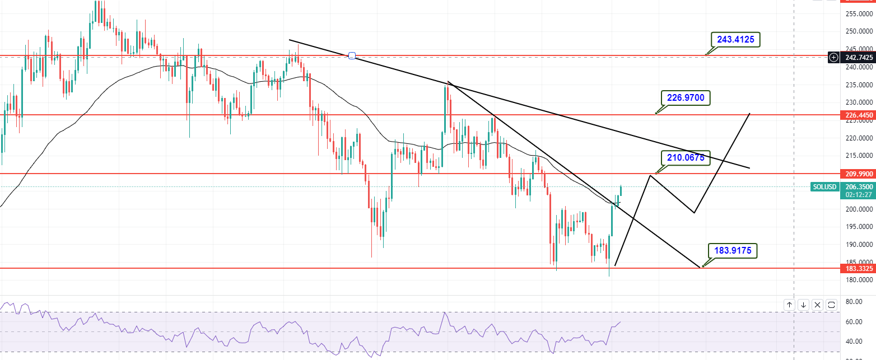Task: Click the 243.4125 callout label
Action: tap(735, 39)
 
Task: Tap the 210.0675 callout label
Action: tap(685, 158)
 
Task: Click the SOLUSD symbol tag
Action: tap(824, 186)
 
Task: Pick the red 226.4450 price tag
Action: tap(858, 115)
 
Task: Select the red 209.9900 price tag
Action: tap(858, 174)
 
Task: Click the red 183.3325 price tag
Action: tap(858, 268)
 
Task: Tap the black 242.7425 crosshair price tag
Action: tap(858, 57)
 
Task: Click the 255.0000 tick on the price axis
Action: tap(858, 13)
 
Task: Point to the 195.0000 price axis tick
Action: tap(858, 227)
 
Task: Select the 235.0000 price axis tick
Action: tap(858, 85)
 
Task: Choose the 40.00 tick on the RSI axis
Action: tap(853, 342)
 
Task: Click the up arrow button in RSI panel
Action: tap(789, 305)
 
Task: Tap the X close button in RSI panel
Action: tap(817, 305)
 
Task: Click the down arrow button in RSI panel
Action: tap(803, 305)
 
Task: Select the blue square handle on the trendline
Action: tap(352, 55)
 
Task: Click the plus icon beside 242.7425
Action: tap(834, 57)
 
